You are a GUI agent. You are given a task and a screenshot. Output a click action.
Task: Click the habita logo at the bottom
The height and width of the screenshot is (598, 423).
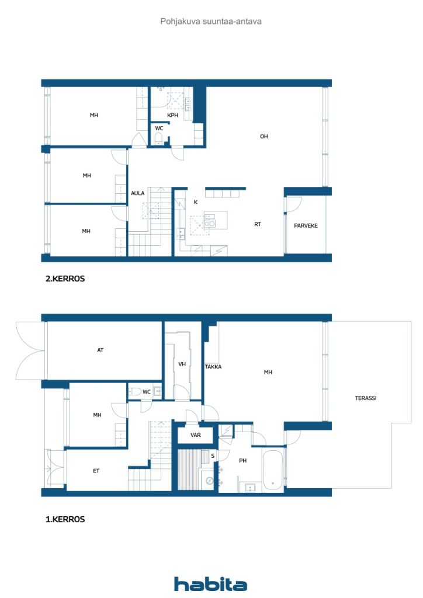pos(210,584)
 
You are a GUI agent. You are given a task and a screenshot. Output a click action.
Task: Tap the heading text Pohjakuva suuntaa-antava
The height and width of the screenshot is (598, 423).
pos(211,22)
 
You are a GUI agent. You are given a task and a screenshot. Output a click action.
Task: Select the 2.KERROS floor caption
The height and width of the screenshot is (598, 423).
pos(65,279)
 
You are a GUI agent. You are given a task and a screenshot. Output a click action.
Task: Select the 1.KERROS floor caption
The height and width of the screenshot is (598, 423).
pos(65,519)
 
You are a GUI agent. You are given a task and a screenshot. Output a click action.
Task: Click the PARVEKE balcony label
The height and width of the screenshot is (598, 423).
pos(306,226)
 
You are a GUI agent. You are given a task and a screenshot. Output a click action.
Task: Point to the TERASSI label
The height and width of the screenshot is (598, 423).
pos(366,398)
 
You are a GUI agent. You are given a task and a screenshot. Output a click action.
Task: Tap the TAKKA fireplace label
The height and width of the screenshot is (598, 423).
pos(213,367)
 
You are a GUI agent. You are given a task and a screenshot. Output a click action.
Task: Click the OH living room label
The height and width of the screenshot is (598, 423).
pos(264,136)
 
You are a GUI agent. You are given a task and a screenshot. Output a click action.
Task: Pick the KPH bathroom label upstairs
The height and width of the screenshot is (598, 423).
pos(173,115)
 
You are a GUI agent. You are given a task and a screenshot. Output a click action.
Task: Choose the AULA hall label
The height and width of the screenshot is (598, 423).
pos(138,193)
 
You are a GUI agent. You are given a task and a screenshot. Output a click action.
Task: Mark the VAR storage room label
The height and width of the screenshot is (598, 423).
pos(196,434)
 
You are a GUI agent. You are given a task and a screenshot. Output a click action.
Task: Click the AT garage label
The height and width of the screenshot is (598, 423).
pos(100,350)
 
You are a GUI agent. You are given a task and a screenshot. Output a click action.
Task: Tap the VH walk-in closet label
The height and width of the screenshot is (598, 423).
pos(182,364)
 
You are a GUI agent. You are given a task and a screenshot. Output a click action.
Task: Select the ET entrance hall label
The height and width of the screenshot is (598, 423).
pos(96,471)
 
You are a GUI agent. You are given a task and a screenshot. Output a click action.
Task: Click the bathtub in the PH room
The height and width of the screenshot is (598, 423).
pos(273,470)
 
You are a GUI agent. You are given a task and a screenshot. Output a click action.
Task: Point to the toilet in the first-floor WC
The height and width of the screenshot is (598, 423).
pos(134,391)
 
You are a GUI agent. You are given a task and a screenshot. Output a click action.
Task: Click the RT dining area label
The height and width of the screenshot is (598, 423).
pos(258,224)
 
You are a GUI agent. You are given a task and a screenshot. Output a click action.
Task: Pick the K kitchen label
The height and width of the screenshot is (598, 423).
pos(196,202)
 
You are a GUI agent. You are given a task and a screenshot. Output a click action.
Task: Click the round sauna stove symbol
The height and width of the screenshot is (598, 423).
pos(209,481)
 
